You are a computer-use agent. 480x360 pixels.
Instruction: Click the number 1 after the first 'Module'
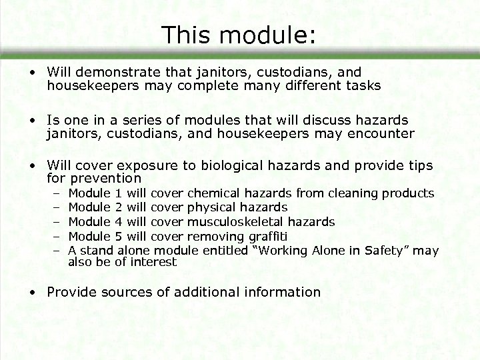pyautogui.click(x=119, y=194)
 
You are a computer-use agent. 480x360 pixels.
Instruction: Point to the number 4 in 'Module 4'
pyautogui.click(x=119, y=222)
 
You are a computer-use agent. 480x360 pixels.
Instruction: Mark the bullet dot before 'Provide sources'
pyautogui.click(x=32, y=292)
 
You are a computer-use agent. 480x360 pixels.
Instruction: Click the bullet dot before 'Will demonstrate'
pyautogui.click(x=32, y=72)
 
